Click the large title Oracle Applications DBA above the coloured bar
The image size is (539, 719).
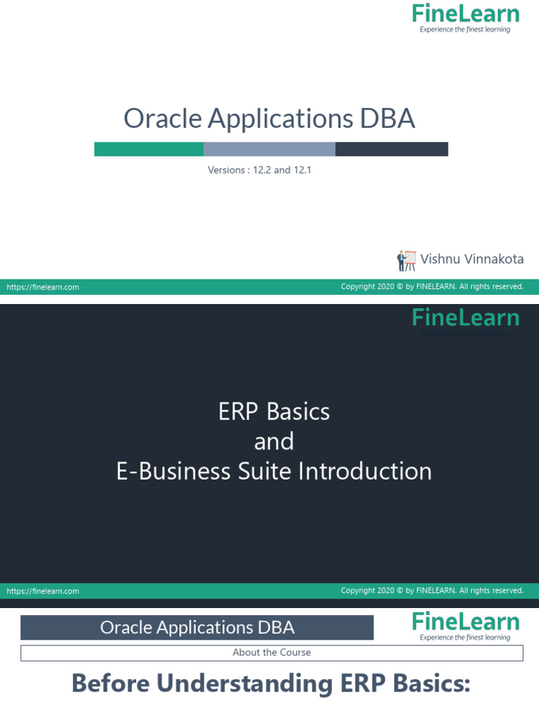(x=269, y=119)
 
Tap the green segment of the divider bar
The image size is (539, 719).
(x=149, y=149)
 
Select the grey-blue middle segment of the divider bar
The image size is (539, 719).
(x=269, y=149)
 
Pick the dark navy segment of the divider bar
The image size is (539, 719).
(x=392, y=149)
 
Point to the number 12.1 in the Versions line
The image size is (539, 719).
(x=302, y=170)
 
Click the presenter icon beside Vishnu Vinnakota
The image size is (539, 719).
(x=406, y=260)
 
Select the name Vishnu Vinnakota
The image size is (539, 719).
(x=472, y=259)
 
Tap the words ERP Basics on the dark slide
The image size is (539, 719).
(x=274, y=411)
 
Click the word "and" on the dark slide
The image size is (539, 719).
(x=274, y=442)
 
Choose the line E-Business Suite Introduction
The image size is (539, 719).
(x=274, y=471)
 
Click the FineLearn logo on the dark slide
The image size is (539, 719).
(x=465, y=319)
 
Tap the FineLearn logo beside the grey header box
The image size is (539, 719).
(x=465, y=625)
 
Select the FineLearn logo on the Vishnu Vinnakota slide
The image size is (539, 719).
(x=465, y=17)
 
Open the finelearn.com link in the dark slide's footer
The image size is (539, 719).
(x=43, y=591)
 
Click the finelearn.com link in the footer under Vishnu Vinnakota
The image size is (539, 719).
(x=43, y=286)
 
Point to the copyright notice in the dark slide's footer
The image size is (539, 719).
(x=432, y=591)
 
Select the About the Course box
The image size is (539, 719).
(x=272, y=652)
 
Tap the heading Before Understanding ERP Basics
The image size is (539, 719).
(x=271, y=683)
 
